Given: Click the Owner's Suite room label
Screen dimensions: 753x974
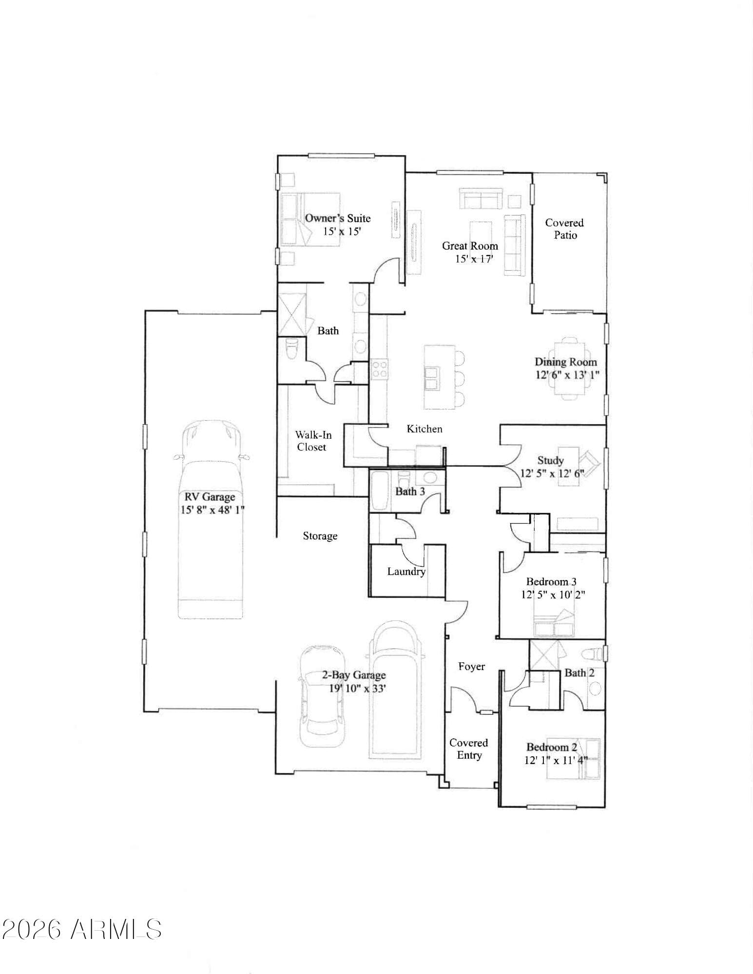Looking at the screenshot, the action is (x=338, y=218).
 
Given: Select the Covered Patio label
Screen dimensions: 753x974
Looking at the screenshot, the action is (x=564, y=229).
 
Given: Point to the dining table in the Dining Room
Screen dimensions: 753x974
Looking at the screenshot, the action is (x=570, y=368).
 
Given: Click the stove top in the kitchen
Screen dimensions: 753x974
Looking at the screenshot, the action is (x=379, y=368).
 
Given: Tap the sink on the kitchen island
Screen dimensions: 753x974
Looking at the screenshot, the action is (x=431, y=378).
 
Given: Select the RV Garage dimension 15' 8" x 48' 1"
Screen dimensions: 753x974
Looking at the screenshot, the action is (x=212, y=510).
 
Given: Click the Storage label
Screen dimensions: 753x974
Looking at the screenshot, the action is (x=320, y=536).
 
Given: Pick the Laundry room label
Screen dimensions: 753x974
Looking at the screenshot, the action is (x=406, y=572).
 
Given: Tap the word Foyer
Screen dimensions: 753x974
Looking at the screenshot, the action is (x=471, y=666).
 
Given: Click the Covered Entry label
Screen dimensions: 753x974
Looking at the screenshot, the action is (x=469, y=749).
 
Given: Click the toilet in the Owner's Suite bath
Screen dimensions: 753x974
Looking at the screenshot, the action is (x=291, y=349).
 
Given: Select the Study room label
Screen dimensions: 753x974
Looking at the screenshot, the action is (x=550, y=460).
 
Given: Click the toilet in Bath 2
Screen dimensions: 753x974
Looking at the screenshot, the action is (x=591, y=653).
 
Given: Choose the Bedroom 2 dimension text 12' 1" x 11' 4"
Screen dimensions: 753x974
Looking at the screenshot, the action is (x=556, y=760).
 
